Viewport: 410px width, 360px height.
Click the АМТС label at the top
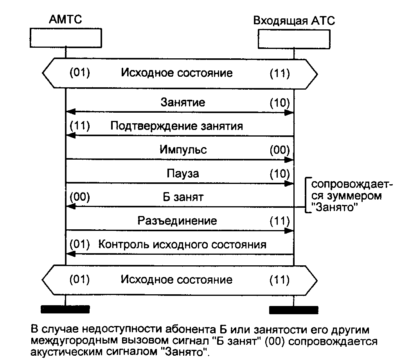65,20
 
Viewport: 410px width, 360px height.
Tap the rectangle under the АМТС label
65,38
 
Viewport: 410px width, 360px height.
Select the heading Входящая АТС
294,21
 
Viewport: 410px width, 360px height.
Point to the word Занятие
183,103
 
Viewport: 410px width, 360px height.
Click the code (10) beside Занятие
280,103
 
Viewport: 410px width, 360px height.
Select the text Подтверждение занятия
176,126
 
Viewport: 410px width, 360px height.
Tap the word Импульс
183,149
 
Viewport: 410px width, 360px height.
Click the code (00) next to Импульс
280,149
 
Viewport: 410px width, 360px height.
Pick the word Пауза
183,173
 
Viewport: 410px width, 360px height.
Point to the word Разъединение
177,221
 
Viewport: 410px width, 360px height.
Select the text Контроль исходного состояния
182,245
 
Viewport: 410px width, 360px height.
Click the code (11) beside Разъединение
280,221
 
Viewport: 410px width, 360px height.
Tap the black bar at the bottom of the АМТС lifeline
65,310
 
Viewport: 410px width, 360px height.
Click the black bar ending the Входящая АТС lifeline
293,310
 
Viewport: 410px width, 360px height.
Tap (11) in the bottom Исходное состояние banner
280,280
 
